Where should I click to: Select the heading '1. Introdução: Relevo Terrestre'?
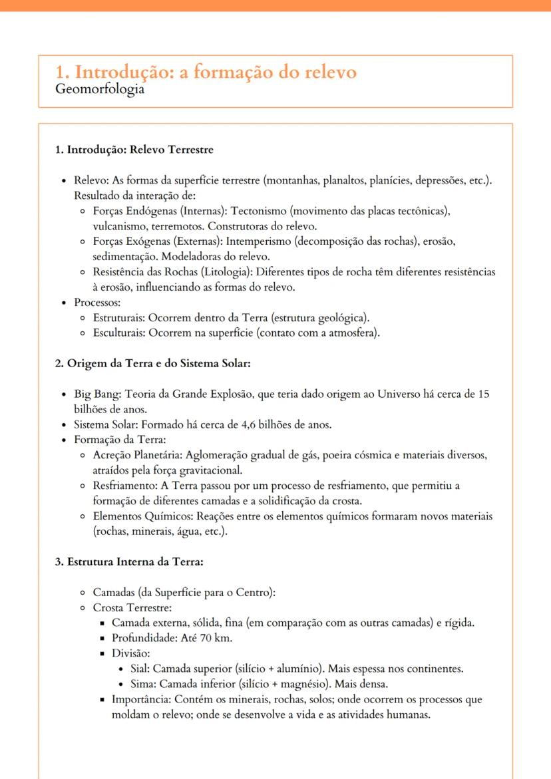pyautogui.click(x=134, y=150)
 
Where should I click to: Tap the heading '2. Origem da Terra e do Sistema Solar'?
pyautogui.click(x=152, y=363)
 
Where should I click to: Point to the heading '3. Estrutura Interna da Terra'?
pyautogui.click(x=128, y=561)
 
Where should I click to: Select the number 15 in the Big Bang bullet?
pyautogui.click(x=484, y=394)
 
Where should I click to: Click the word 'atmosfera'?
pyautogui.click(x=354, y=333)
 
